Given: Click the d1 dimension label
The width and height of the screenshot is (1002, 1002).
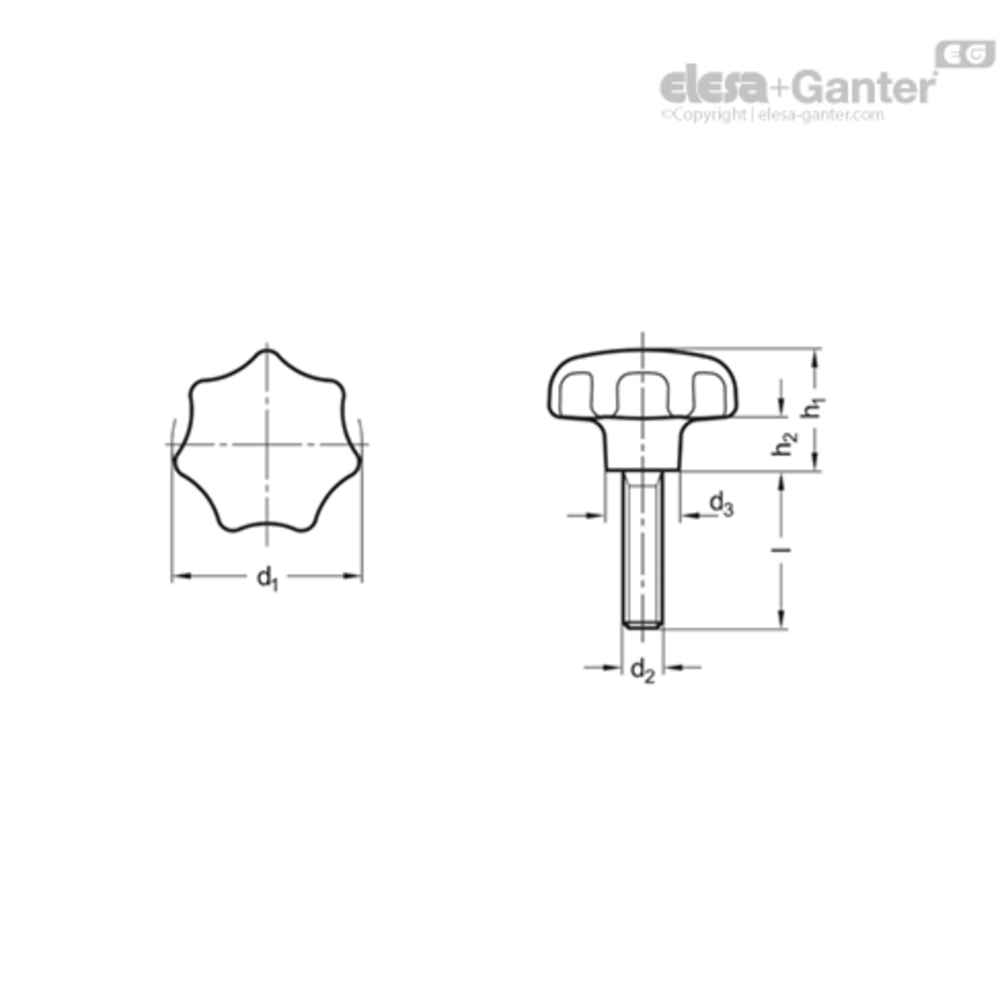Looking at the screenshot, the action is [267, 578].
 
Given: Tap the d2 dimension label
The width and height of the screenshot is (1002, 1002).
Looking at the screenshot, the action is [643, 671].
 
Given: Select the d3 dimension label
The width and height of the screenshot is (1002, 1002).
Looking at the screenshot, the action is [721, 504].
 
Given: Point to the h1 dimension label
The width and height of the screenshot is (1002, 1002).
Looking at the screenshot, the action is [814, 407].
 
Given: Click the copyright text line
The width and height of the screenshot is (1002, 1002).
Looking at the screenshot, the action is [772, 115].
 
